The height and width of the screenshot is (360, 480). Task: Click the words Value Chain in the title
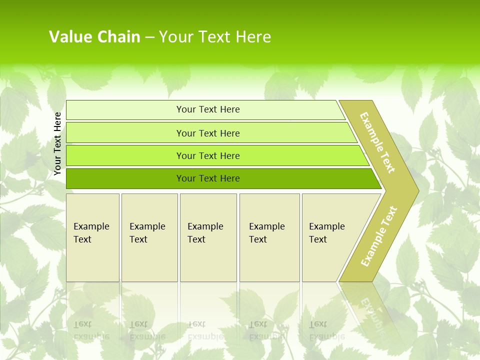pos(94,36)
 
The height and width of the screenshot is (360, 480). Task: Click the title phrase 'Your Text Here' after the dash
pos(215,36)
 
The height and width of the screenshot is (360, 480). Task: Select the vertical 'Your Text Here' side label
pos(57,143)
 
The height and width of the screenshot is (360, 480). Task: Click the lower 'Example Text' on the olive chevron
pos(379,236)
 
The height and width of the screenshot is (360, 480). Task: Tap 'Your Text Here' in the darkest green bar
pos(208,178)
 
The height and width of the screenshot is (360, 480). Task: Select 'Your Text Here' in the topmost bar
pos(208,109)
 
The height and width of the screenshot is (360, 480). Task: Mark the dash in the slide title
pos(149,36)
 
